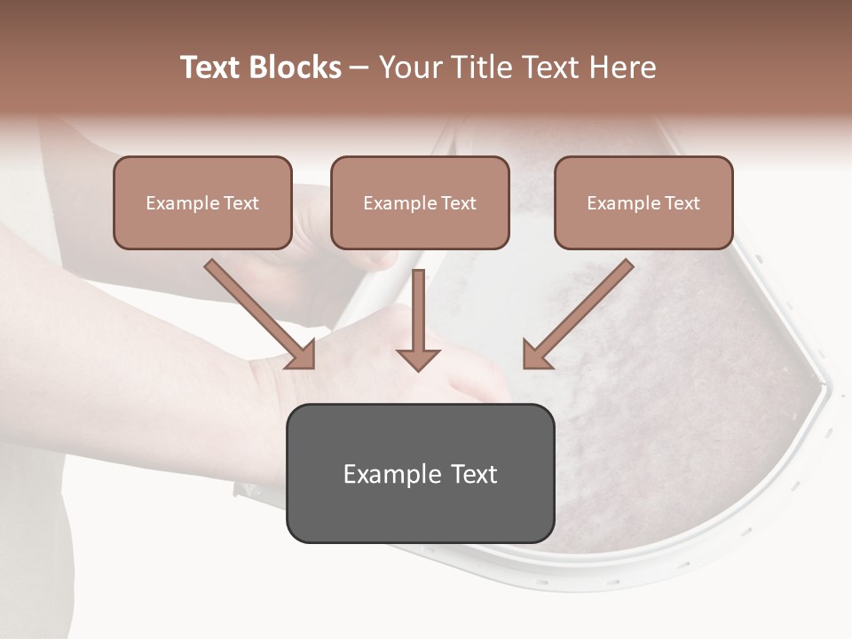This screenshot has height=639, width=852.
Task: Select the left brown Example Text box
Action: [x=202, y=202]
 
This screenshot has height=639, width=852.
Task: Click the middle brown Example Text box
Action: [x=420, y=202]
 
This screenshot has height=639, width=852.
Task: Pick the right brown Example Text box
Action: [x=643, y=202]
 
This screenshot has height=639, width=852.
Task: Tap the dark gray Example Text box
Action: [x=420, y=473]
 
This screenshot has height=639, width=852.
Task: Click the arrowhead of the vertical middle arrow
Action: [x=418, y=358]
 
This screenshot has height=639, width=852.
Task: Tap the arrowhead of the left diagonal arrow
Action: [x=302, y=354]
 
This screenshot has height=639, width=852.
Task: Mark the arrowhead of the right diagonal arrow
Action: [x=536, y=354]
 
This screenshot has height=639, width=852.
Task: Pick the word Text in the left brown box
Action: [x=241, y=203]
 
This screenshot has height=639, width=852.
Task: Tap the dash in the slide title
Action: [x=359, y=68]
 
